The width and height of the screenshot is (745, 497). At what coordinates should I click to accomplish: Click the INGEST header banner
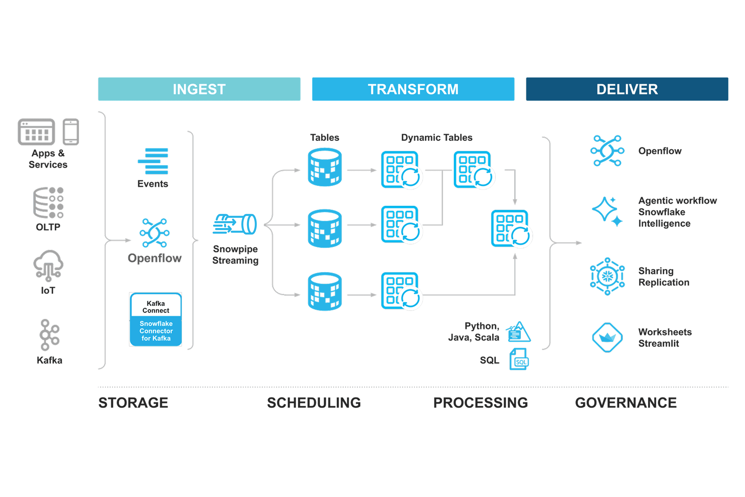[x=199, y=89]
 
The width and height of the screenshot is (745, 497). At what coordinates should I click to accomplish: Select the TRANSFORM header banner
[x=413, y=89]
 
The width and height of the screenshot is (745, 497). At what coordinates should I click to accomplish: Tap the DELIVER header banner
[x=627, y=89]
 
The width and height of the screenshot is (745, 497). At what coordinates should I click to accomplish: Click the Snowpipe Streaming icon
[x=234, y=224]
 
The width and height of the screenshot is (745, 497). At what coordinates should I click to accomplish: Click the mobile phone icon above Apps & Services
[x=71, y=132]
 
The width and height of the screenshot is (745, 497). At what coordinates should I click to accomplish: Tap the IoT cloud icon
[x=48, y=265]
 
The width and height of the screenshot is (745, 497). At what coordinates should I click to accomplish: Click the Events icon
[x=153, y=161]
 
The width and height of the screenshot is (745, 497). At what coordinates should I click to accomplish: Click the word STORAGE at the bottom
[x=133, y=403]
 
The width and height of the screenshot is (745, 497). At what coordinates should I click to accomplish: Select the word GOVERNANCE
[x=626, y=403]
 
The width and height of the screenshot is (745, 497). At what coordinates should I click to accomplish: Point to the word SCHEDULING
[x=314, y=403]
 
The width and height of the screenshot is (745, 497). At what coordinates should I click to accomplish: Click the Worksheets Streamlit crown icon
[x=607, y=338]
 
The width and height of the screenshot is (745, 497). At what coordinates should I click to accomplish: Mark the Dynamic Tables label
[x=437, y=138]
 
